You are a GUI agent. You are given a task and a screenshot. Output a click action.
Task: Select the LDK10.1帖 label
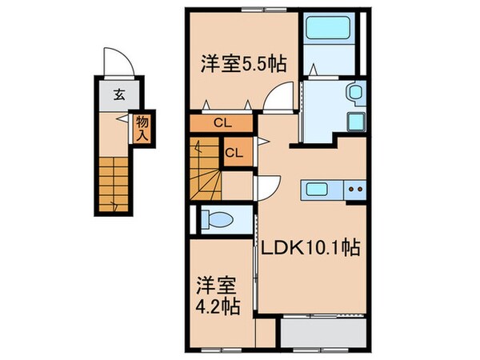(x=307, y=250)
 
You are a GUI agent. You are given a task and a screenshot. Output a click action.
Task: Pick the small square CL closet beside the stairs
(x=234, y=152)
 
